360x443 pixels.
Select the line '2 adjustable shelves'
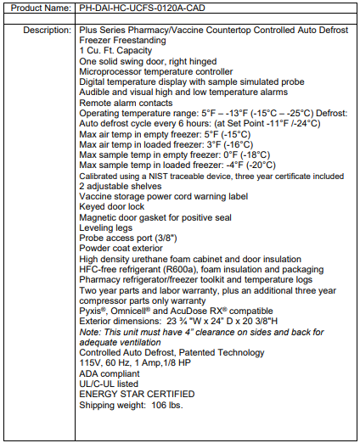coord(121,186)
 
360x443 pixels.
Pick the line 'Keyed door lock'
coord(110,207)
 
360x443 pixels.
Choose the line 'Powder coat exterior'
coord(121,249)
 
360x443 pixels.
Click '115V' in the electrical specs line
coord(92,362)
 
